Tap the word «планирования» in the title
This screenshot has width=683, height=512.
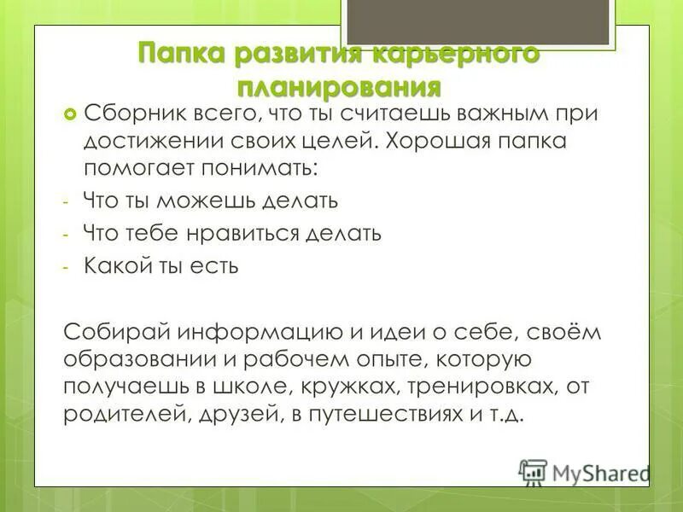(x=339, y=87)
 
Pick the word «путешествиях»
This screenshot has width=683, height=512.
(x=377, y=415)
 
